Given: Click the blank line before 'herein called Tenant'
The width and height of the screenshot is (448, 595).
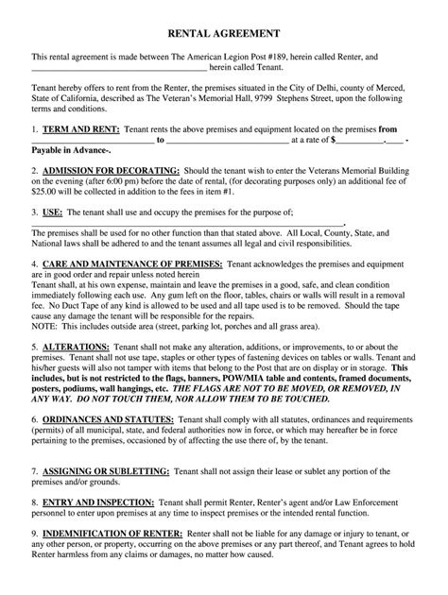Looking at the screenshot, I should (119, 69).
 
